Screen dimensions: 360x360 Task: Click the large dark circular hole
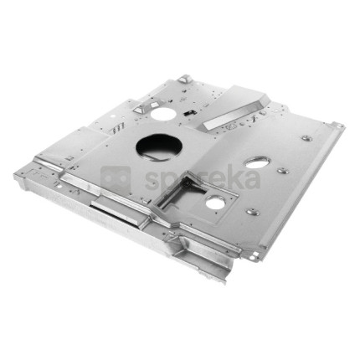click(x=159, y=147)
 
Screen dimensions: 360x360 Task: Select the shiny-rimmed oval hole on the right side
click(x=258, y=162)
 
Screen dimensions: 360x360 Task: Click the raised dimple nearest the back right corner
click(x=306, y=138)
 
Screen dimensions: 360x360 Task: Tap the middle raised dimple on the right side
click(x=283, y=170)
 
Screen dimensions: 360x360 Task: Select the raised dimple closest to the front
click(x=253, y=212)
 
